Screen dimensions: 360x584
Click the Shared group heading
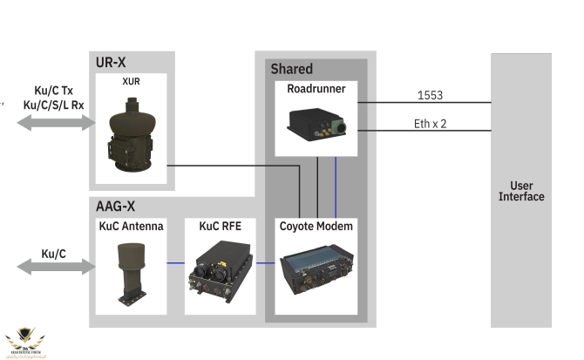point(291,69)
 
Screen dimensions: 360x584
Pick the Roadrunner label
point(316,88)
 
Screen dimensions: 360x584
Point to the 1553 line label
point(431,94)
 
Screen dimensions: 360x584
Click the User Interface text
point(521,191)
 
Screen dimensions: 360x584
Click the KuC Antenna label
point(132,227)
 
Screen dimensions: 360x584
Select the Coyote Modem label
point(316,227)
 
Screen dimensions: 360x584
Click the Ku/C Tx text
point(53,91)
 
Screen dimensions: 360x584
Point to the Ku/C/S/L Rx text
point(53,105)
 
